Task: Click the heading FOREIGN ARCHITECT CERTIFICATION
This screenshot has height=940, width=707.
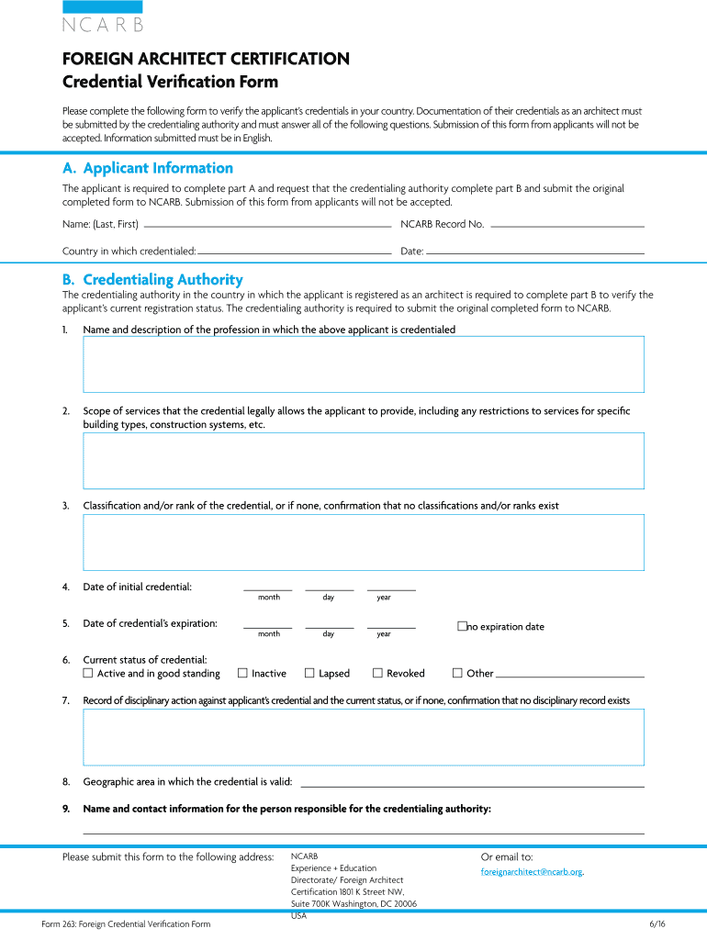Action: [206, 59]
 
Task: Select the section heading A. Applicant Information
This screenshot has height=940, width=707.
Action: [148, 168]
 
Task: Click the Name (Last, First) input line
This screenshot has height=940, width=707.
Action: [267, 224]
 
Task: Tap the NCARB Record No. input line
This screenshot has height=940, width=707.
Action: [567, 224]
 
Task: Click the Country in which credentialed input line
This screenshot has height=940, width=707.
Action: [295, 251]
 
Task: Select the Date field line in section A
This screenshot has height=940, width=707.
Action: [535, 251]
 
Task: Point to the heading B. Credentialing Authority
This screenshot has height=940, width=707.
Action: [152, 279]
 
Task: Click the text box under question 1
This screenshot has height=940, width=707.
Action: [363, 364]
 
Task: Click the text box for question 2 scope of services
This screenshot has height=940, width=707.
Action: [363, 460]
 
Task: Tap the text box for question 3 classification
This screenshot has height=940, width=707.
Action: [363, 542]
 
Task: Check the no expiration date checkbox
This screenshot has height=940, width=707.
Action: [462, 626]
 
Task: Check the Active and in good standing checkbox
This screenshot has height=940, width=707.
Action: [88, 673]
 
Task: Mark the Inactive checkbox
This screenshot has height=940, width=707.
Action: [242, 673]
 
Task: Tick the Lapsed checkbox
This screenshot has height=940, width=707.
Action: [309, 673]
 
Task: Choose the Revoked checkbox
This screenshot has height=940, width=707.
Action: [377, 673]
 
